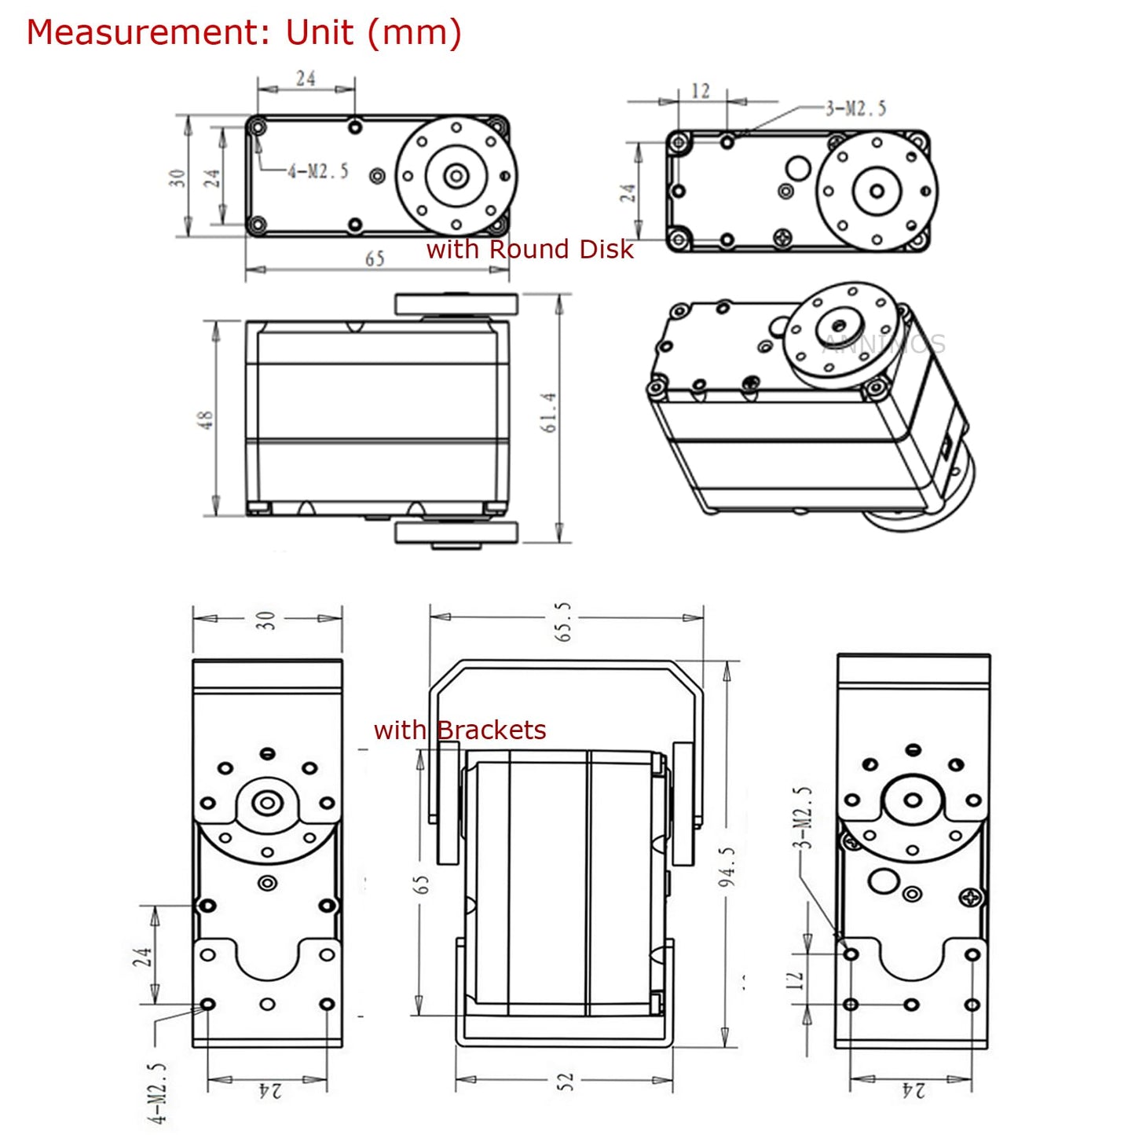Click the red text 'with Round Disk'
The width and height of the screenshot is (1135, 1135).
pyautogui.click(x=529, y=249)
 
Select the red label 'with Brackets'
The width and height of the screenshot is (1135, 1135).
pyautogui.click(x=459, y=730)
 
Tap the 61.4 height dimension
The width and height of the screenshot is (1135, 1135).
pyautogui.click(x=548, y=412)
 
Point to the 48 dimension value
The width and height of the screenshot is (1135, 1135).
pyautogui.click(x=204, y=419)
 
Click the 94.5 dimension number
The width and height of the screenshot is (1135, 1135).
pyautogui.click(x=727, y=866)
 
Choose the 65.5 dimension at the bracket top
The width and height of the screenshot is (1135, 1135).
pyautogui.click(x=563, y=622)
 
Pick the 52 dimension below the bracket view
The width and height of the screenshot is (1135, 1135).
pyautogui.click(x=566, y=1082)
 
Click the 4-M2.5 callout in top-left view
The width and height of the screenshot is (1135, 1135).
pyautogui.click(x=317, y=171)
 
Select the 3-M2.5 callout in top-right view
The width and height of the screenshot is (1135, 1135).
pyautogui.click(x=855, y=108)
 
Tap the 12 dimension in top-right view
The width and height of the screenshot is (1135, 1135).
pyautogui.click(x=700, y=92)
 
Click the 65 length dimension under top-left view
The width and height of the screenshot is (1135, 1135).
pyautogui.click(x=375, y=259)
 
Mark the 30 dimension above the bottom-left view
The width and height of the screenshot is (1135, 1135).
pyautogui.click(x=265, y=621)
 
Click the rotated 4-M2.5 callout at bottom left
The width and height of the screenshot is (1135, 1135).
pyautogui.click(x=158, y=1093)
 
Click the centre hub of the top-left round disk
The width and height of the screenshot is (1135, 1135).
pyautogui.click(x=456, y=176)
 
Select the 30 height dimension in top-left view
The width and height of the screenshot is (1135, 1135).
pyautogui.click(x=178, y=178)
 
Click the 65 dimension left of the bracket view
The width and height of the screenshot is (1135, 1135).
pyautogui.click(x=422, y=884)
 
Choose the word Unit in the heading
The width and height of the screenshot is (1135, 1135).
pyautogui.click(x=320, y=33)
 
